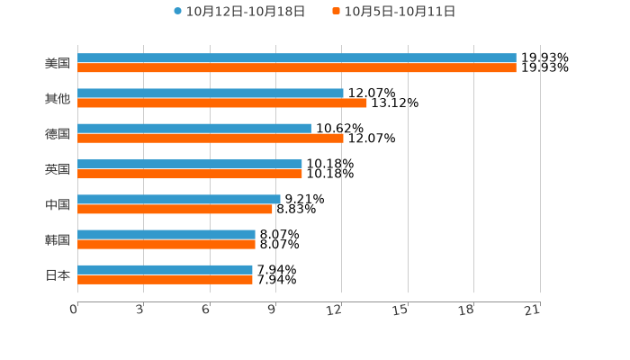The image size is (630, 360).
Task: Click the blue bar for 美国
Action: (x=297, y=58)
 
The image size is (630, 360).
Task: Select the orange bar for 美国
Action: (x=297, y=68)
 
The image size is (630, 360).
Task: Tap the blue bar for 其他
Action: (x=211, y=94)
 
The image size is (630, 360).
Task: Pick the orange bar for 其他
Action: (x=222, y=103)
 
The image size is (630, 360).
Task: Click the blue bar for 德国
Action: (x=194, y=129)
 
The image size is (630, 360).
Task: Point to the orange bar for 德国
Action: (x=211, y=139)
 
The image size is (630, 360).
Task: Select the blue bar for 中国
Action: (x=179, y=199)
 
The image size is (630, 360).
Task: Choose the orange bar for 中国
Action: (x=175, y=209)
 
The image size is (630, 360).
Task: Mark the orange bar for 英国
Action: (x=190, y=174)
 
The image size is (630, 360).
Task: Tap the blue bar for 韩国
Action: (x=166, y=234)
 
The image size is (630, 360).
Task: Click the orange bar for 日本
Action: (x=166, y=280)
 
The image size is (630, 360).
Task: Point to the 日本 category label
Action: (x=58, y=275)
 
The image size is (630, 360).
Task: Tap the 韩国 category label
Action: (x=58, y=240)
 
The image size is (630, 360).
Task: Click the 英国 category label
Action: (x=58, y=169)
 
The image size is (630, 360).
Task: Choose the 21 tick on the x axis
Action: (x=532, y=310)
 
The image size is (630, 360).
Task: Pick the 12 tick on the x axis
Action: (x=335, y=310)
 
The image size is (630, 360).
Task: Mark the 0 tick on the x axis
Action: (x=75, y=310)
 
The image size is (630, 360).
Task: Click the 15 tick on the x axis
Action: (x=400, y=310)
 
